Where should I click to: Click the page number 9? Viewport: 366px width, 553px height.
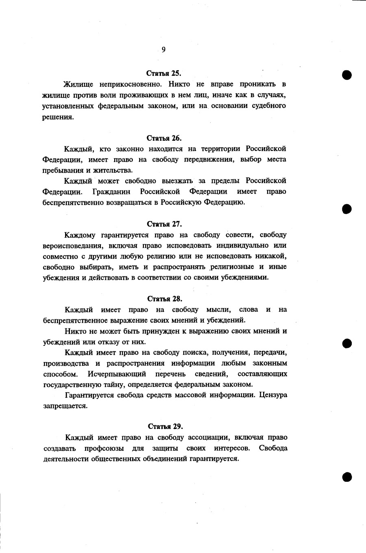click(x=163, y=50)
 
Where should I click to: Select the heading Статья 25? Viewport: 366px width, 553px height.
click(x=163, y=74)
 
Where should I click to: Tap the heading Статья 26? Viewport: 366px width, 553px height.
click(x=164, y=138)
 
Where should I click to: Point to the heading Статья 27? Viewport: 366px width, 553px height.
click(x=164, y=224)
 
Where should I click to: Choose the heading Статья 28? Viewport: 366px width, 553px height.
click(x=164, y=299)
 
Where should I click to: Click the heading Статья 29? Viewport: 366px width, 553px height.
click(x=165, y=426)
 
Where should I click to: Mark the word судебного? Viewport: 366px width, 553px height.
click(x=264, y=106)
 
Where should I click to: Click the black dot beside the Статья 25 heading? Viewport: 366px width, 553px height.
click(x=346, y=75)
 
